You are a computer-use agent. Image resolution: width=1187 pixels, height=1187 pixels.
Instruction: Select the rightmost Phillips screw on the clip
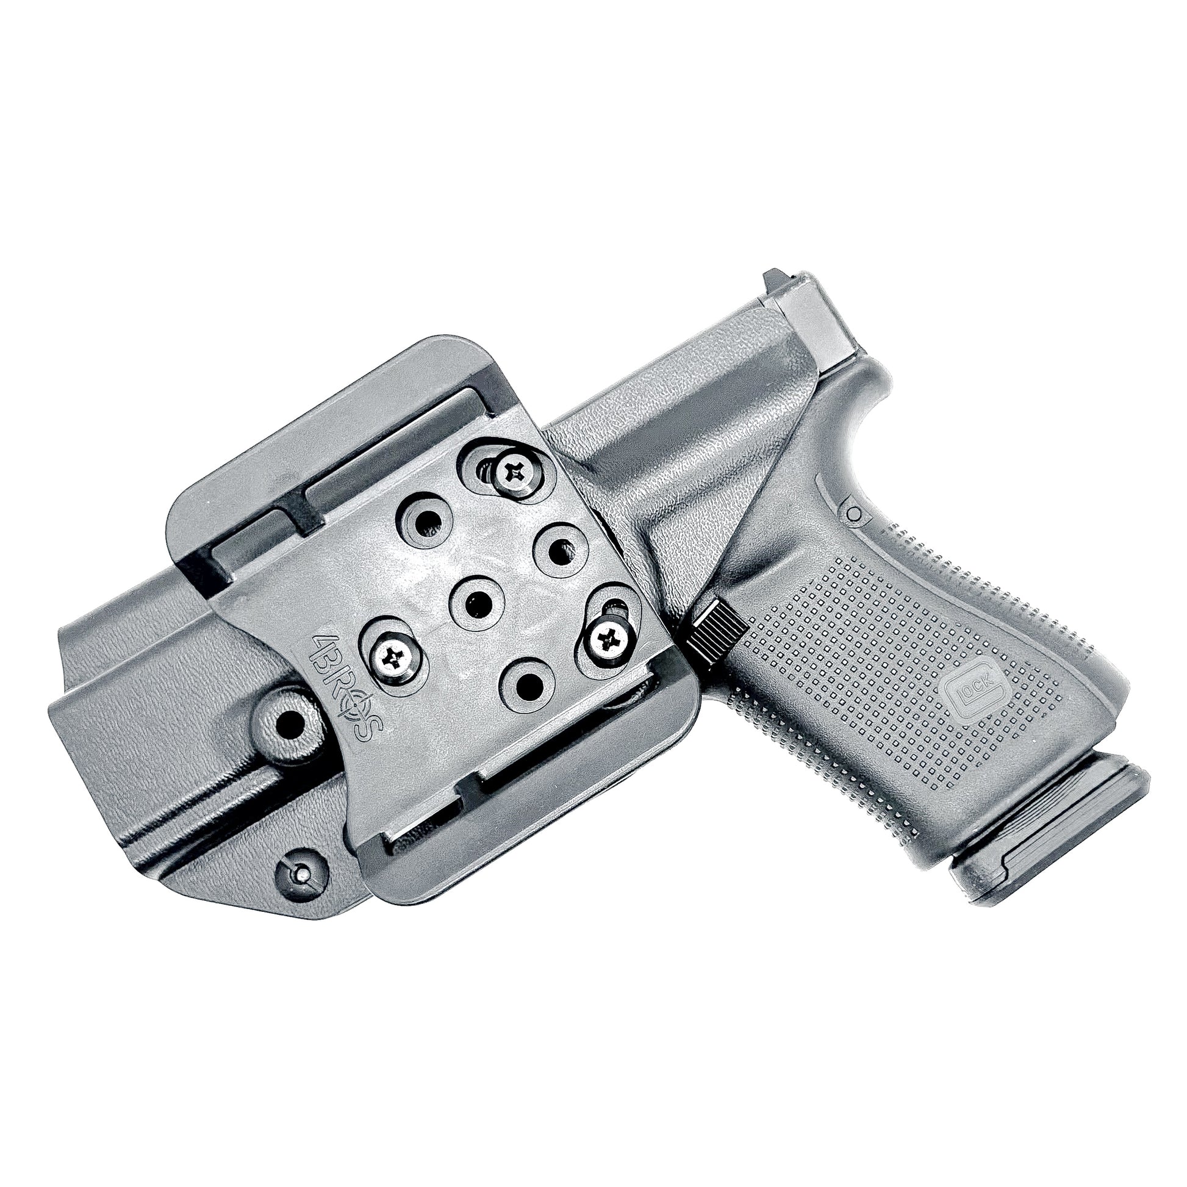[606, 642]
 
